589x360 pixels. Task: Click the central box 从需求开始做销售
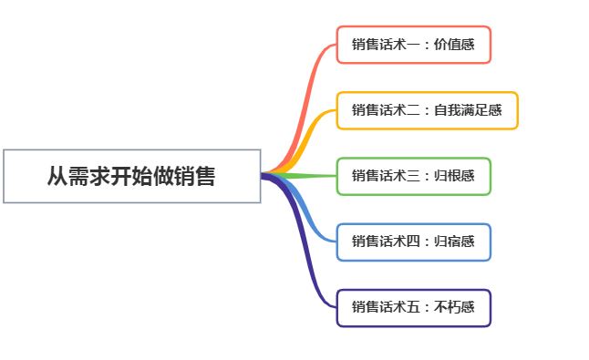(x=132, y=176)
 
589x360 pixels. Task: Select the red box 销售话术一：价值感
(x=414, y=45)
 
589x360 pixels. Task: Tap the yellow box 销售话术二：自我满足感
(x=427, y=110)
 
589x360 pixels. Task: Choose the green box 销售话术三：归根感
(x=414, y=176)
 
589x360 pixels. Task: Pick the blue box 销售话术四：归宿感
(x=414, y=242)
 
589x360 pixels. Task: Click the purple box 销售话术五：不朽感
(x=414, y=307)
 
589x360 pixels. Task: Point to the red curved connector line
(x=305, y=100)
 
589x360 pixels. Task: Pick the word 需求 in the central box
(x=88, y=176)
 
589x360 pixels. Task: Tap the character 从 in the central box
(x=57, y=176)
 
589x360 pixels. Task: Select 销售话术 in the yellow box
(x=378, y=110)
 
